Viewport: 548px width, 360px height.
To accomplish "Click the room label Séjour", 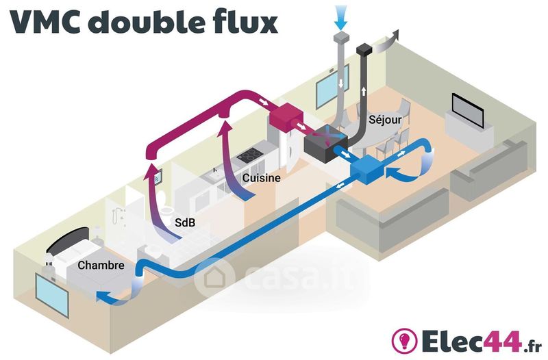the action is click(385, 120).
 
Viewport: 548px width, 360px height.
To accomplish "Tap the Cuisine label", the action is click(262, 178).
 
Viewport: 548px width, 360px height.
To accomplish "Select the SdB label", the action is click(185, 222).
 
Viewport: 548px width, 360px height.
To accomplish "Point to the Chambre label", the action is click(101, 266).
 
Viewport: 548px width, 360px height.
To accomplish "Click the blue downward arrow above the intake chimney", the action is click(340, 18).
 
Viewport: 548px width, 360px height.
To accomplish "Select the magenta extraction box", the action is click(285, 118).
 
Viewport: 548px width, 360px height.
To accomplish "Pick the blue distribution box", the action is click(366, 170).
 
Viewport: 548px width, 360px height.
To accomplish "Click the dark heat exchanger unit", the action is click(325, 144).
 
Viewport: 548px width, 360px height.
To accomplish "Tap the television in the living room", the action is click(468, 110).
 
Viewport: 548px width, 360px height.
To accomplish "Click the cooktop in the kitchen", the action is click(249, 154).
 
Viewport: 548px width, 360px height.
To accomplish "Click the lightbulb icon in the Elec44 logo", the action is click(404, 339).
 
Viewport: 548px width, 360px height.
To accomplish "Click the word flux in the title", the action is click(245, 22).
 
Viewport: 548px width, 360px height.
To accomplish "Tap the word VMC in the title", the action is click(47, 23).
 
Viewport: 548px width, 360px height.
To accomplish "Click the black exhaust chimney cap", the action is click(364, 49).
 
